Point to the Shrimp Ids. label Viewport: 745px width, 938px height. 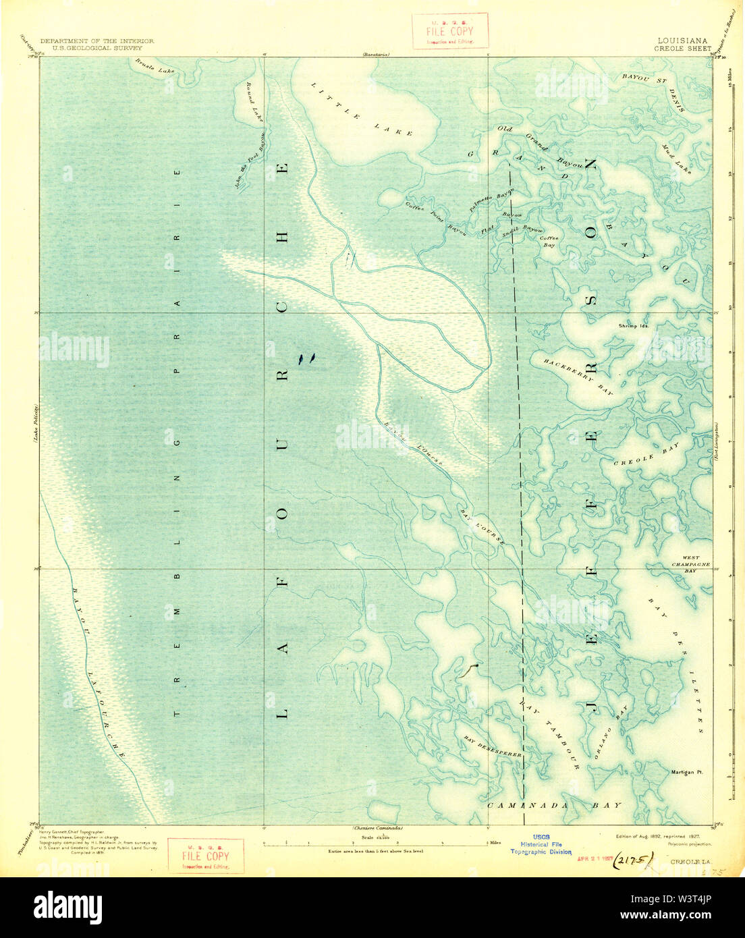coord(633,325)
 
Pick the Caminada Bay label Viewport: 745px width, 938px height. coord(553,806)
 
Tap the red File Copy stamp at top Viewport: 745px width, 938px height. coord(450,32)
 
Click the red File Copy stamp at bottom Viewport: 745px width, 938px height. coord(205,856)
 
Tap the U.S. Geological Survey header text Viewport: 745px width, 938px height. coord(96,48)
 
